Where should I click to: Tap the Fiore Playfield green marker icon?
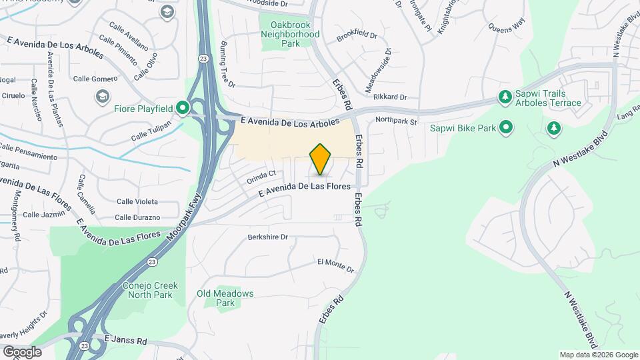coord(181,108)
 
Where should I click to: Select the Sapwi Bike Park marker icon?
coord(506,127)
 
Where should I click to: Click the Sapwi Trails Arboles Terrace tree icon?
coord(505,98)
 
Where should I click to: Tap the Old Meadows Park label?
coord(225,298)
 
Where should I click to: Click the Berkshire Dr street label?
coord(267,237)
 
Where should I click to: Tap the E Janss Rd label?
coord(125,340)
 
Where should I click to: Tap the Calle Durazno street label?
coord(137,217)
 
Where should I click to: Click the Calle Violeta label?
coord(137,201)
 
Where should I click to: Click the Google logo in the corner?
coord(22,351)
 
